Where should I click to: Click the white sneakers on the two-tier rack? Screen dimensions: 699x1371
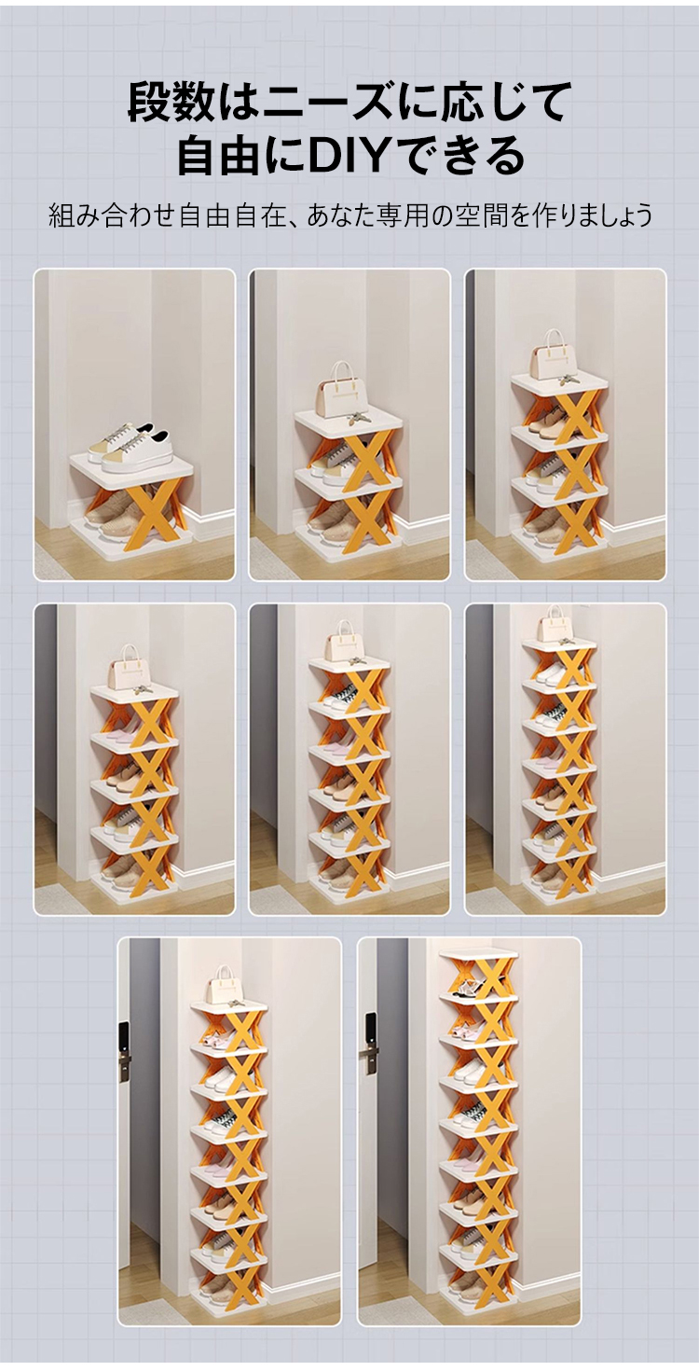tap(129, 449)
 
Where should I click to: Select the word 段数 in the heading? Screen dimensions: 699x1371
tap(169, 103)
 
